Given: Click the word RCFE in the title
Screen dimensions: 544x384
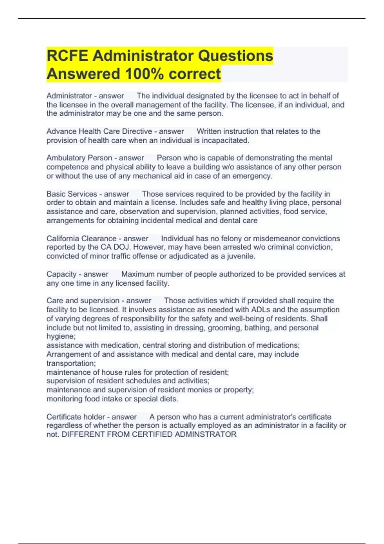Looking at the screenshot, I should tap(67, 56).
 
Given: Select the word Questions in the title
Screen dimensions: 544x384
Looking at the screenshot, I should tap(236, 56).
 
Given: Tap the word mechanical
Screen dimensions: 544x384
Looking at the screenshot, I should tap(152, 176).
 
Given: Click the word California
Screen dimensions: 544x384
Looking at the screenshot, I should tap(65, 239).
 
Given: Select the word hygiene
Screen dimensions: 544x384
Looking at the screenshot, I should tap(60, 336).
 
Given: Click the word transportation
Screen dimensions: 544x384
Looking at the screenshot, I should tap(70, 363).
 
